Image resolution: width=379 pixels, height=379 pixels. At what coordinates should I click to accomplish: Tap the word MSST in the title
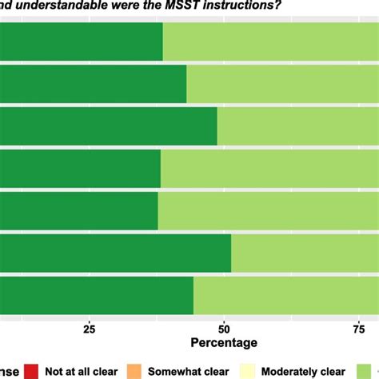[181, 6]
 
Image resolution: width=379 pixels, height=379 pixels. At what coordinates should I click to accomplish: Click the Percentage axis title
[224, 343]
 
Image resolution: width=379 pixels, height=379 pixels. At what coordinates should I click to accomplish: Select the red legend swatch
[31, 370]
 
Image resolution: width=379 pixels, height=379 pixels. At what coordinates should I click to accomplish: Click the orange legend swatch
[135, 370]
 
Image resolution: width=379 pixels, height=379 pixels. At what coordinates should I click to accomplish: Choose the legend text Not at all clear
[82, 371]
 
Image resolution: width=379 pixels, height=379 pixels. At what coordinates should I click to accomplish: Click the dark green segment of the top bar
[80, 42]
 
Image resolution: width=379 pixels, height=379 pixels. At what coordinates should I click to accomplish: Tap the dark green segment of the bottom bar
[96, 296]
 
